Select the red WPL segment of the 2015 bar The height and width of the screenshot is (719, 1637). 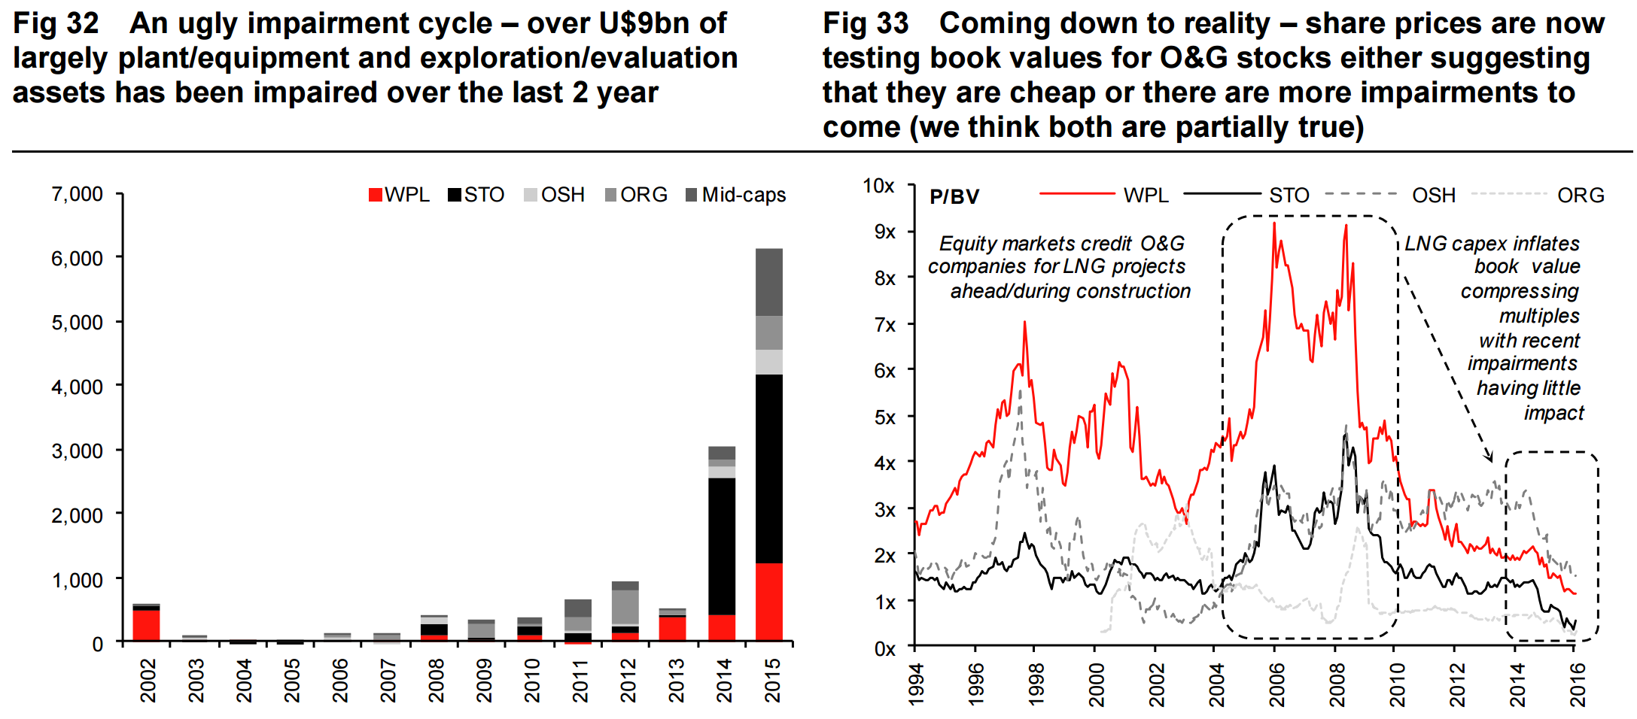click(x=768, y=602)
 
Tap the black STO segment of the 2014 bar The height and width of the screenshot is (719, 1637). click(x=721, y=546)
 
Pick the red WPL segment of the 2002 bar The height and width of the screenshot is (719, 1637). click(x=146, y=624)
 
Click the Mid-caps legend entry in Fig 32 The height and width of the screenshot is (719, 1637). click(x=735, y=195)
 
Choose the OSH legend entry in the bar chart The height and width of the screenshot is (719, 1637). click(x=554, y=195)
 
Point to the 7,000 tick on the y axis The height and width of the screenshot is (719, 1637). click(x=77, y=194)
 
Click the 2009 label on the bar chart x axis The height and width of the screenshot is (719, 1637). click(x=484, y=680)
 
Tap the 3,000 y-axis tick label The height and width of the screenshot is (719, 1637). click(x=77, y=451)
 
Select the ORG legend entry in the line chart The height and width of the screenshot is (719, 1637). click(x=1581, y=196)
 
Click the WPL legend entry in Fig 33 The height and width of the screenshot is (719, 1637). click(x=1146, y=196)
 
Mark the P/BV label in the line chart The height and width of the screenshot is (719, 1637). click(x=954, y=197)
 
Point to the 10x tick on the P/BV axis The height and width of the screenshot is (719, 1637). click(x=878, y=186)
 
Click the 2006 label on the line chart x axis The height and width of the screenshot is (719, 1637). click(x=1276, y=684)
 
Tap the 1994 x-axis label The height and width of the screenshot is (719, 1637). click(x=915, y=684)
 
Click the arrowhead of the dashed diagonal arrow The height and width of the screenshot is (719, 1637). click(x=1489, y=457)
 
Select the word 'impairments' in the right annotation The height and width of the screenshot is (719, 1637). click(x=1522, y=363)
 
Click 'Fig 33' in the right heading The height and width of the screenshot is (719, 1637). click(x=866, y=24)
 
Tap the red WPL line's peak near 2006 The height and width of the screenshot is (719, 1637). click(x=1274, y=223)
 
